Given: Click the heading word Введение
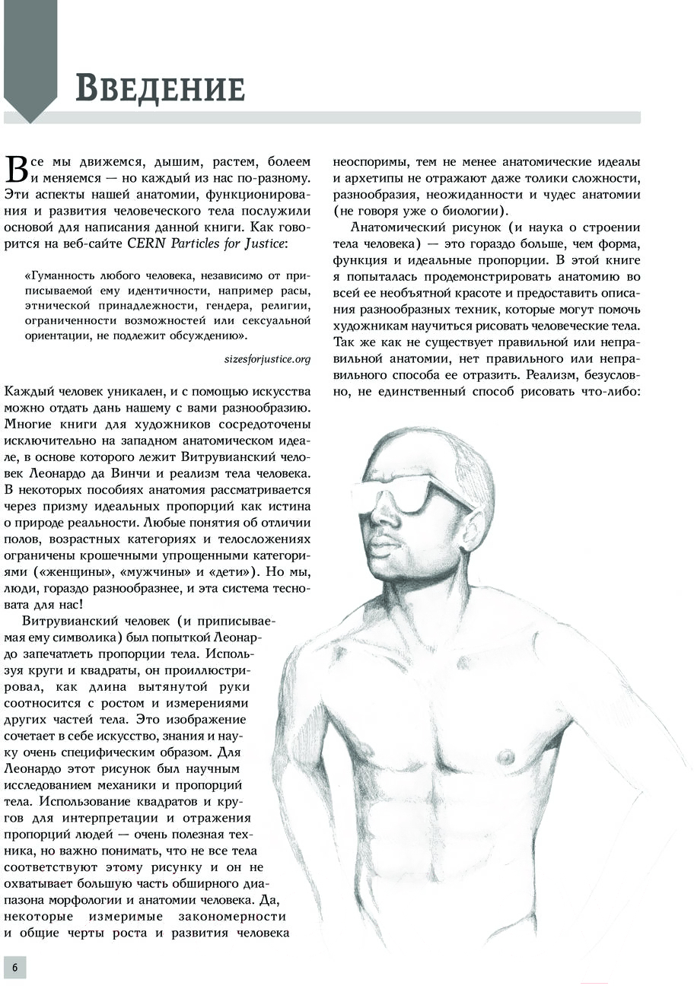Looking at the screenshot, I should point(160,89).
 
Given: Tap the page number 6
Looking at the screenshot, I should point(14,967).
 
